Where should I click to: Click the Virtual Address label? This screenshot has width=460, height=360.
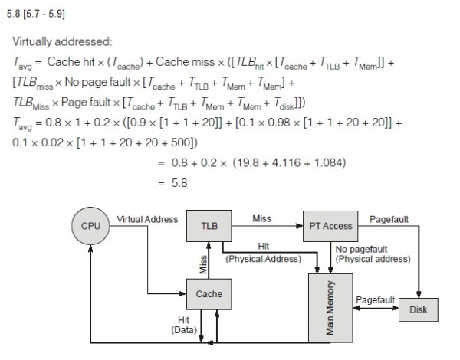[147, 219]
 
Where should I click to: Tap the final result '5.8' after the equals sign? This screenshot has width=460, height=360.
[178, 182]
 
